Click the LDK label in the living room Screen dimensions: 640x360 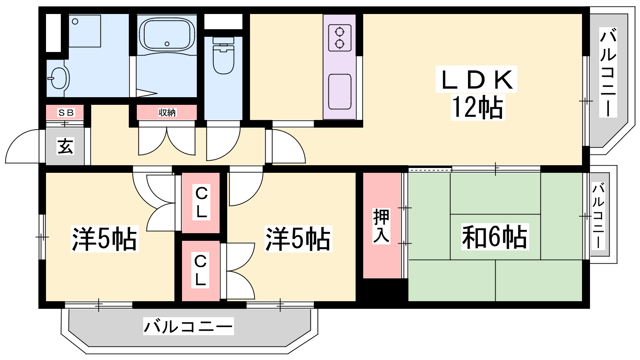point(476,80)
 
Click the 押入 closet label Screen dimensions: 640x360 point(381,226)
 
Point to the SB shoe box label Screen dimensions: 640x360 point(66,112)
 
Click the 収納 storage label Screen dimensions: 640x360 point(167,112)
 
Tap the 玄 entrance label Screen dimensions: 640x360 point(66,146)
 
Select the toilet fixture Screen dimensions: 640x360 point(224,56)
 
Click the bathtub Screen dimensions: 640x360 point(167,35)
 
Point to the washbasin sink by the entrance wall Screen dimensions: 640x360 point(59,78)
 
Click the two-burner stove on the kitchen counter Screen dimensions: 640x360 point(340,38)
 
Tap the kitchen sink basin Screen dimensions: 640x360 point(340,92)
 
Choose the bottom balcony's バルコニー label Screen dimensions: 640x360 point(188,326)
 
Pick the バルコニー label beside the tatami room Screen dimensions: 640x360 point(598,216)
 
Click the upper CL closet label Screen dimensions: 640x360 point(202,202)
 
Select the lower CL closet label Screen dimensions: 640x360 point(200,270)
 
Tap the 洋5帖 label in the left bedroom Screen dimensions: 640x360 point(104,238)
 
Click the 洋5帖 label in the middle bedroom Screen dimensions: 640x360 point(298,238)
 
